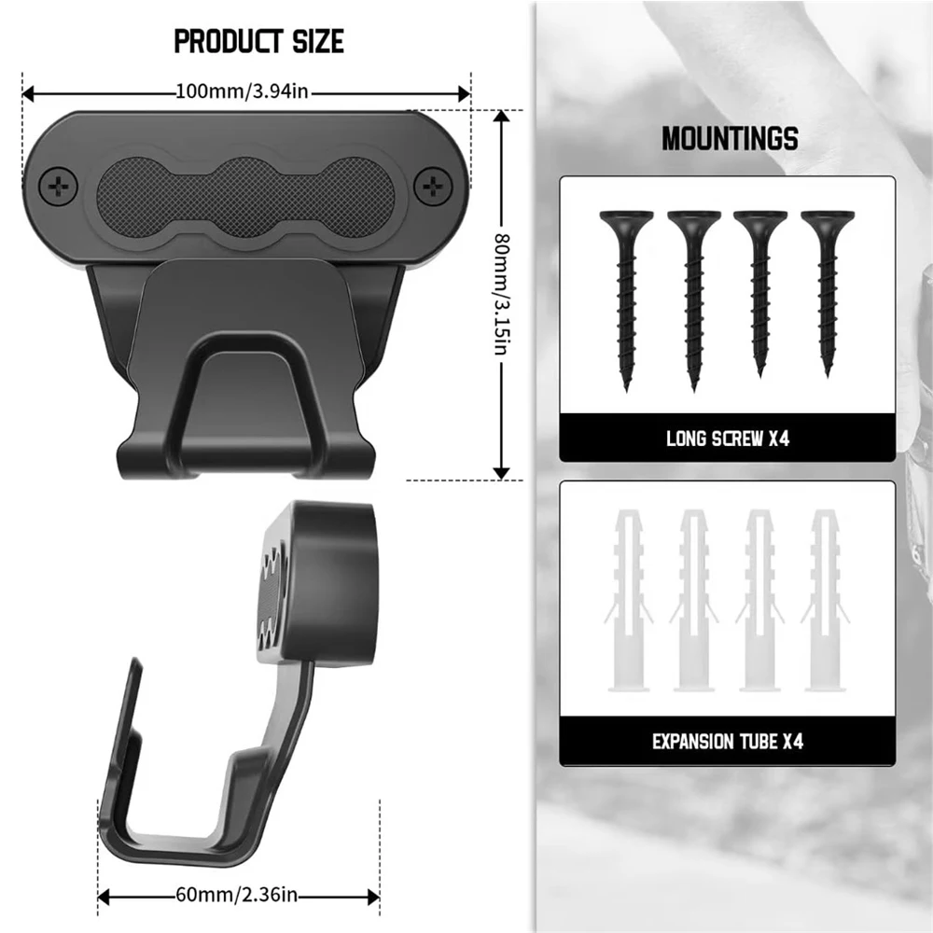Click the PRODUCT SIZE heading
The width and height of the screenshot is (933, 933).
coord(258,42)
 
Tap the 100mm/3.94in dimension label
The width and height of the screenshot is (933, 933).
coord(243,91)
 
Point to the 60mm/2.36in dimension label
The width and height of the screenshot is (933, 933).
coord(237,895)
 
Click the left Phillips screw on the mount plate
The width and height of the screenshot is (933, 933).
coord(58,188)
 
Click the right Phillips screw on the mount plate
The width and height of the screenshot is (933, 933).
coord(433,188)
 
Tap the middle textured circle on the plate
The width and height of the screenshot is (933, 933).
coord(245,197)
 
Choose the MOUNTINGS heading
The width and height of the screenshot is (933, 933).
coord(731,139)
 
